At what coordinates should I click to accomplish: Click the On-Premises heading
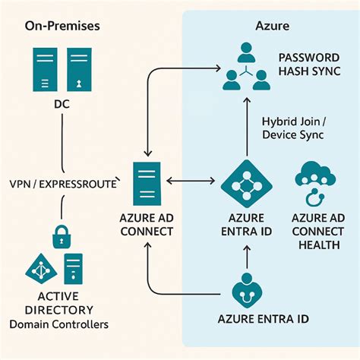coord(62,26)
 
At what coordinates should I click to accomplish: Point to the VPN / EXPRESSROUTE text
coord(63,184)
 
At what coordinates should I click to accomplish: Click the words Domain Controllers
coord(59,324)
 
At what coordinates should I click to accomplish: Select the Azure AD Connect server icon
coord(147,182)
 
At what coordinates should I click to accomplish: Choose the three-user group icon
coord(247,65)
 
